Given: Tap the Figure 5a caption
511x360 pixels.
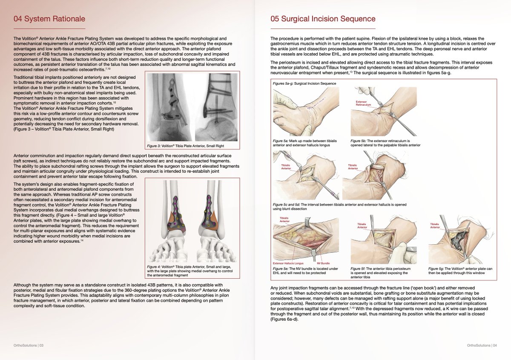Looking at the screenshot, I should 304,143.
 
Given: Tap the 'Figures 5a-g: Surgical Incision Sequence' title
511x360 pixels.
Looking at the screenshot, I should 305,83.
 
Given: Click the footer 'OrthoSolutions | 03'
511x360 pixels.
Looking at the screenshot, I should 29,346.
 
